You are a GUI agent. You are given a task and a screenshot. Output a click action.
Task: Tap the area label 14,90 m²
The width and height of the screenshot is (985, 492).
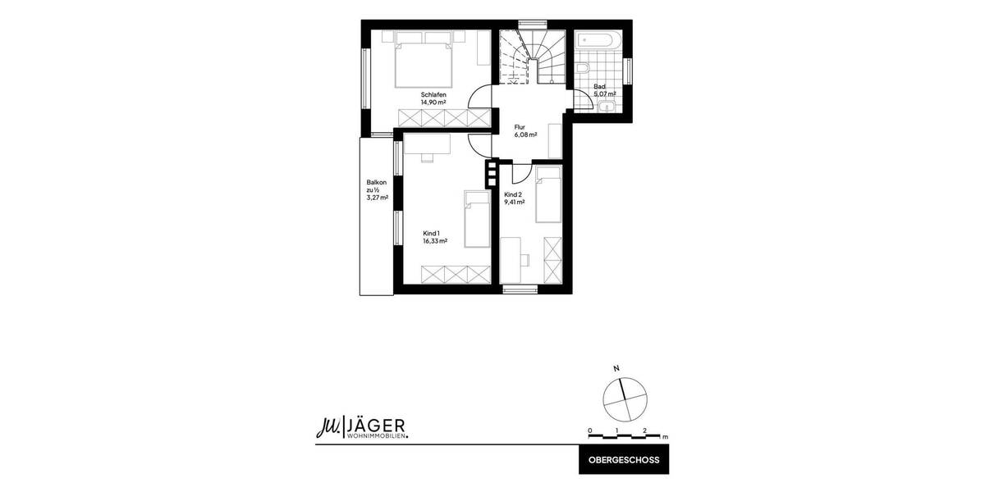point(433,102)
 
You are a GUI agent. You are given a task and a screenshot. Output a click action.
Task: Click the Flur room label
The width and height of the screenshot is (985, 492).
point(520,127)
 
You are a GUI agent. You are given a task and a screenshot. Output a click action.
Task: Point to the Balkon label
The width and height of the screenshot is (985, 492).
point(376,183)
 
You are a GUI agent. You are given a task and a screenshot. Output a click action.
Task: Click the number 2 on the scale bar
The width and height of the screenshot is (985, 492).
point(645,430)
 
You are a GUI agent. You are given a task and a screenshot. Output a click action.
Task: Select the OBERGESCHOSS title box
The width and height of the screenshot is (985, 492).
point(624,460)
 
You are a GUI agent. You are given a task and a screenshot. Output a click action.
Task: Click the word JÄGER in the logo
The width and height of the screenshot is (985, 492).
point(376,425)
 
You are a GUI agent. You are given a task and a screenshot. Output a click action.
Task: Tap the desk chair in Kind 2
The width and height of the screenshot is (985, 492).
point(526,259)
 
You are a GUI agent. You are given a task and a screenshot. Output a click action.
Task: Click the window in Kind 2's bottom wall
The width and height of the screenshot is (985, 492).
point(520,288)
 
